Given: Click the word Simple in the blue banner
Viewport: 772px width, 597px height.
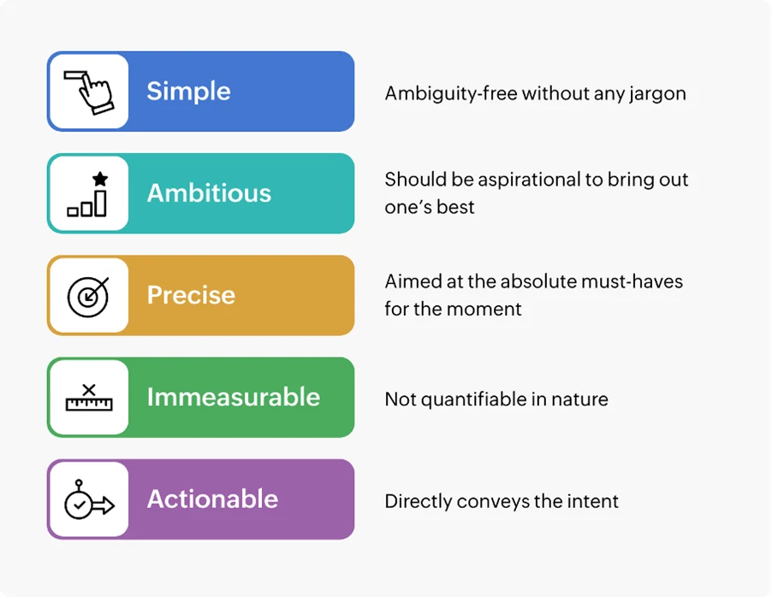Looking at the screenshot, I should click(x=188, y=92).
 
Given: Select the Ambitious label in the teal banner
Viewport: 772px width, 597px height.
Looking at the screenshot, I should click(x=209, y=193).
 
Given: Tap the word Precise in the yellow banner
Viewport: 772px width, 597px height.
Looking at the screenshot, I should click(x=191, y=295).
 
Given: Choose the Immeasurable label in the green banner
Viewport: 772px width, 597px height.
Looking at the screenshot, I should click(x=233, y=397).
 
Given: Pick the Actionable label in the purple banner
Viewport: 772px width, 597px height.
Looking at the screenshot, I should click(x=212, y=499).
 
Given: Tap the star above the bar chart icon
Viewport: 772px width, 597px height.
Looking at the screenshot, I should click(x=100, y=179).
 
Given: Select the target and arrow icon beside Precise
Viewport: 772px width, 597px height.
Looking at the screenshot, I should click(x=88, y=296).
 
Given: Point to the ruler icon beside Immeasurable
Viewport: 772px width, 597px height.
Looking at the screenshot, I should click(x=88, y=402).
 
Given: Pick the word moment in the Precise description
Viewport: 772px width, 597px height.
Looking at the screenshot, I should click(x=489, y=309).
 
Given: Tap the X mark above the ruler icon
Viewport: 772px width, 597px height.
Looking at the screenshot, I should click(x=88, y=390).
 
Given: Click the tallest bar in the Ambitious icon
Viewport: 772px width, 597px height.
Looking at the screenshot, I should click(x=100, y=203).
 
